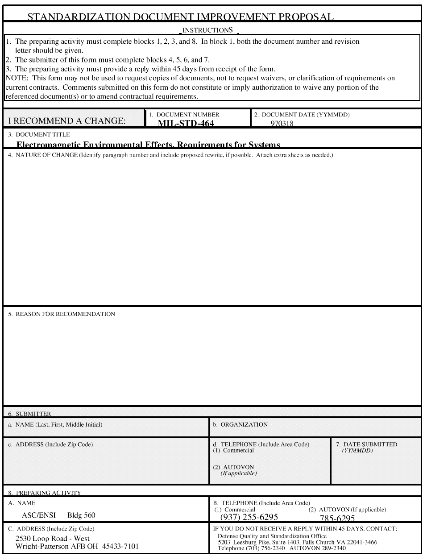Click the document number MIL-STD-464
[186, 124]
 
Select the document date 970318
[282, 124]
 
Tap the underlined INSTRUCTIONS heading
[208, 30]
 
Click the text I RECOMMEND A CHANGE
[67, 121]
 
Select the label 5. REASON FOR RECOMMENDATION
[62, 314]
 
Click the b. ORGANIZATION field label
[241, 425]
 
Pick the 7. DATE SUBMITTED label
[366, 444]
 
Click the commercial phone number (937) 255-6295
[249, 517]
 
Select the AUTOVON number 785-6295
[337, 518]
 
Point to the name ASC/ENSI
[39, 515]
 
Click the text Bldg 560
[81, 515]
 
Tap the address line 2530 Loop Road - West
[53, 539]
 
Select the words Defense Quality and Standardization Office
[272, 536]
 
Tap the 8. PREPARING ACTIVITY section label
[45, 493]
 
